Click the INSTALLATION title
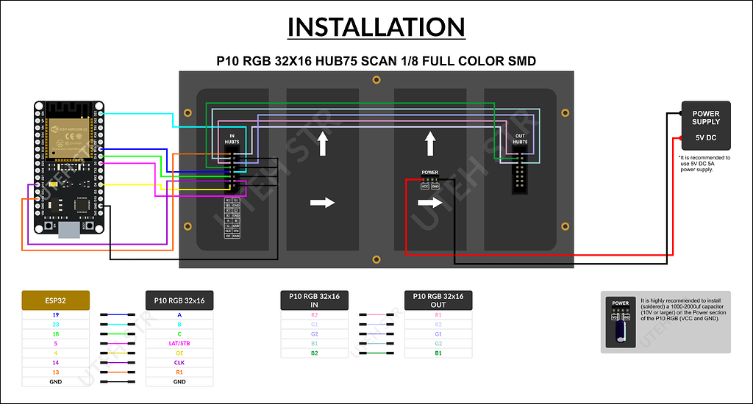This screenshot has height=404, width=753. [376, 27]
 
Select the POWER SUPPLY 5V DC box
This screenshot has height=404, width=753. [705, 126]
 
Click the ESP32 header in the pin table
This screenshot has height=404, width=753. [56, 300]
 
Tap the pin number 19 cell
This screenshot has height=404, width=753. [56, 314]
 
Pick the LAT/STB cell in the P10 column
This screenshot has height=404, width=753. [179, 342]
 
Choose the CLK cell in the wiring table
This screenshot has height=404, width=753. [179, 362]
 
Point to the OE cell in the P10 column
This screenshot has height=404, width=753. [179, 353]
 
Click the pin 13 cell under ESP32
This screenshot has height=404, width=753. [56, 372]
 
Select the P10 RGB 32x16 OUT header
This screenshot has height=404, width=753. [438, 300]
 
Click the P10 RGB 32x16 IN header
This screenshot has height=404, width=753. [314, 300]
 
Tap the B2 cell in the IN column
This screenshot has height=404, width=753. [314, 353]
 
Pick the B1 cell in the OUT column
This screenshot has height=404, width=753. [438, 353]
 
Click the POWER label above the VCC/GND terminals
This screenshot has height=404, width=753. [430, 173]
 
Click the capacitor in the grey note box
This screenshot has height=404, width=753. [621, 329]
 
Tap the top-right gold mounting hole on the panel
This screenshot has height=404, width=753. [565, 112]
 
